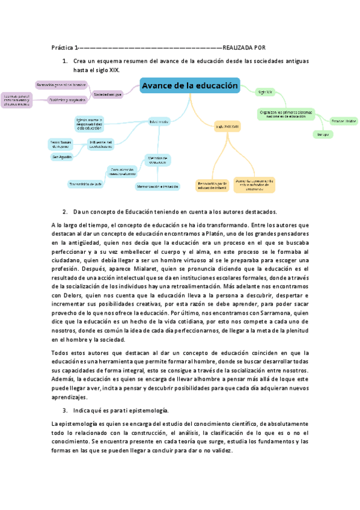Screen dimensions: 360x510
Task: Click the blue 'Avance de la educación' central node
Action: (190, 86)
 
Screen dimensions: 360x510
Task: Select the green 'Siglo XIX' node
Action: (265, 92)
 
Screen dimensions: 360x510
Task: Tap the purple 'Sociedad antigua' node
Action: (108, 94)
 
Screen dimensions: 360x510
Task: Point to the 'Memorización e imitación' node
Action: (157, 186)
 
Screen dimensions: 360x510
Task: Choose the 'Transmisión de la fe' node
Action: (85, 184)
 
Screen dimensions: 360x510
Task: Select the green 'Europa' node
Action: (322, 135)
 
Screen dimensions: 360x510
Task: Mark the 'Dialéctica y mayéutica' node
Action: (67, 100)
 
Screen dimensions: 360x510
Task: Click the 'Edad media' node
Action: (159, 122)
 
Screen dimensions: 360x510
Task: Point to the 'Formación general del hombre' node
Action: (61, 85)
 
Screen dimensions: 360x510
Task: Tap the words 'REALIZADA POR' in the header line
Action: (244, 48)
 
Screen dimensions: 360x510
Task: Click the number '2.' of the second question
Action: (65, 212)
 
